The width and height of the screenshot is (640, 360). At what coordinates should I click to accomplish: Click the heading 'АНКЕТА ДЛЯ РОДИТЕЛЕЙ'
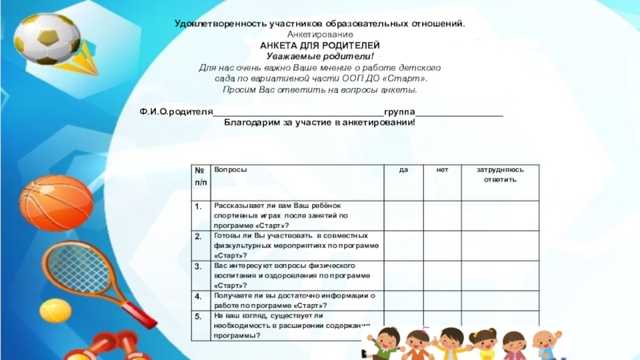pos(320,47)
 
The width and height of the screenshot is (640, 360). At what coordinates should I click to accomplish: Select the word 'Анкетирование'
pos(320,37)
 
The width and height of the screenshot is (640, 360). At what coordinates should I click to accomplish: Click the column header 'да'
pos(403,170)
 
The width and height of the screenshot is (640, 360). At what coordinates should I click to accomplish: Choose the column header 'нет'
pos(442,170)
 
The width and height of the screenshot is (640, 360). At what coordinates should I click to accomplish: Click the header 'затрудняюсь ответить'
pos(500,175)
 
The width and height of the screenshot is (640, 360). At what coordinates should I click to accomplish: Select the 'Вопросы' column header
pos(230,170)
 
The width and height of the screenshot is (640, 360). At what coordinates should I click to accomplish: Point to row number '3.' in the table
pos(198,265)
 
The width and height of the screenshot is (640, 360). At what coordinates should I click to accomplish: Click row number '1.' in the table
pos(197,206)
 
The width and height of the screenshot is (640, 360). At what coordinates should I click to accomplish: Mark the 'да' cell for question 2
pos(403,245)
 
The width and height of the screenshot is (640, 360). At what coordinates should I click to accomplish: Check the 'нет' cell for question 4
pos(442,301)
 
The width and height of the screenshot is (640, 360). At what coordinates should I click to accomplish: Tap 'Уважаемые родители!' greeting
pos(320,58)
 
